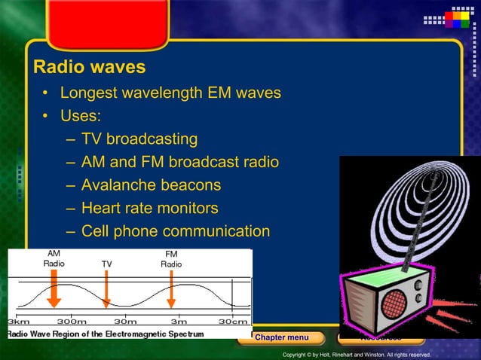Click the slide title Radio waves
89,67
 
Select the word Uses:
81,116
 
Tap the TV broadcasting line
139,139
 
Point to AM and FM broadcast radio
179,162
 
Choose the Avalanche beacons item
151,185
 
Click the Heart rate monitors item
149,208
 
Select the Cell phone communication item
175,231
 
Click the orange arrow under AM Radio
54,289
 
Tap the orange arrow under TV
106,290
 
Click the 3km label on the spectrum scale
18,322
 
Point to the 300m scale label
72,322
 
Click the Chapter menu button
281,337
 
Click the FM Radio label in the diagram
171,259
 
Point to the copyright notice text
356,355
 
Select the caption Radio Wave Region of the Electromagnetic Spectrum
106,333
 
